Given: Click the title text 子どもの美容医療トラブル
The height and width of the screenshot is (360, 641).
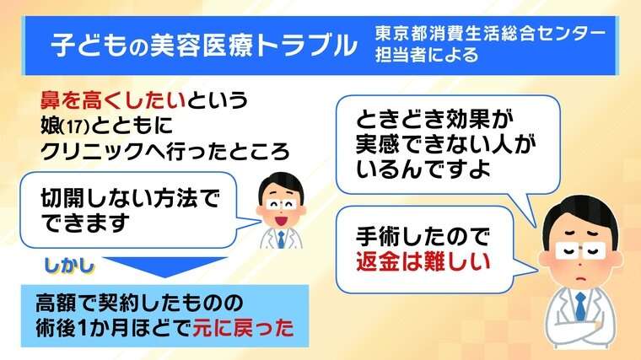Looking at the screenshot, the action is pos(204,46).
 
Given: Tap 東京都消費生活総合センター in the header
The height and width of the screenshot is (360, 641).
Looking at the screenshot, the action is pos(490,34).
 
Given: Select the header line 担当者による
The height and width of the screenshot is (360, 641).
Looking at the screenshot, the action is pos(427,55).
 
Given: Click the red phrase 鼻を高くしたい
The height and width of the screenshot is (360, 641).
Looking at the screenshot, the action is pos(113,100).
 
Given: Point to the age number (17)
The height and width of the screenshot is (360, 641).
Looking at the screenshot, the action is pos(75,127).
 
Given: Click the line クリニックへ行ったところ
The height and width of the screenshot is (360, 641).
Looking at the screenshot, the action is pos(164,152).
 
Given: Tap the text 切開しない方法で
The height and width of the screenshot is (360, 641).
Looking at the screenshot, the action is pos(131,199).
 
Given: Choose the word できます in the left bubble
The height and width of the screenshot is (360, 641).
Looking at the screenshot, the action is pos(85,223).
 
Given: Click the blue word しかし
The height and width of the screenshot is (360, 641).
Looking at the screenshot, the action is pos(68,266).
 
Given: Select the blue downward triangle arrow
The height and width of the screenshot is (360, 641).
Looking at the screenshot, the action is pos(164,266).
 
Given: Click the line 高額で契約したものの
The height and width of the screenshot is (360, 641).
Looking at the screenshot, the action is pos(139,304).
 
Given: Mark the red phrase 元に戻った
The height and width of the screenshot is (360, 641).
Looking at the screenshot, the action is pos(243,328).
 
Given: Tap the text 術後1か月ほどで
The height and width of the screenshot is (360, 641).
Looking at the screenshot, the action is pos(113,328).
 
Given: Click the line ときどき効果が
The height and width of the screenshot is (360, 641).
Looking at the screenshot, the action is pos(434,120).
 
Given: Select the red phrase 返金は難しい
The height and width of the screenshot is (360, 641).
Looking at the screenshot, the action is pos(423,261).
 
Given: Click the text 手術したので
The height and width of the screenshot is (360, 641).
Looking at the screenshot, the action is pos(423,237).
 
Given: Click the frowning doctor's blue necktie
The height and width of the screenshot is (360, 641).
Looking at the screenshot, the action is pos(580,306).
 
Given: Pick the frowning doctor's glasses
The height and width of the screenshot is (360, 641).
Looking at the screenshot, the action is pos(579,250).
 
